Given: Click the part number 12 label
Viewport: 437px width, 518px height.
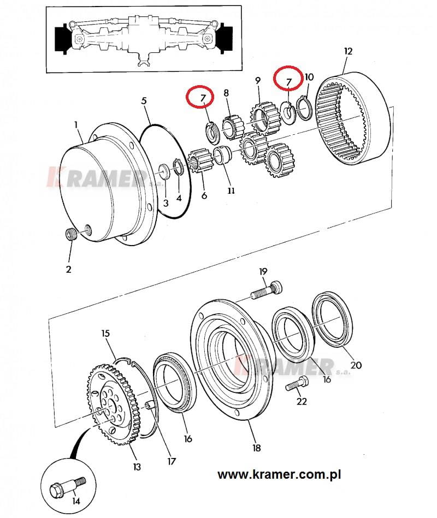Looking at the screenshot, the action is [x=348, y=51].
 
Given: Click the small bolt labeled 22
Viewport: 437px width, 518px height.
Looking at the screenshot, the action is [x=297, y=384].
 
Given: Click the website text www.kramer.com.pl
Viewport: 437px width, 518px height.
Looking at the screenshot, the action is [x=279, y=474].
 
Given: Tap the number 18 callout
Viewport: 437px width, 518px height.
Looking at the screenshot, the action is [x=257, y=448].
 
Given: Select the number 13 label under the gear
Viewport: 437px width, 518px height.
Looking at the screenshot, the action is [x=137, y=467].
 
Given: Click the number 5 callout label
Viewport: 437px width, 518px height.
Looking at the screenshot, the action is [x=144, y=100].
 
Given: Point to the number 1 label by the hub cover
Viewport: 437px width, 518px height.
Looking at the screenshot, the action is [x=76, y=125].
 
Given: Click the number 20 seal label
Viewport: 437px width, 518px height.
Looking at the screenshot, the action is [x=356, y=365].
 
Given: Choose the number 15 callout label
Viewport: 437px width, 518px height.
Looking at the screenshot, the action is [x=105, y=333].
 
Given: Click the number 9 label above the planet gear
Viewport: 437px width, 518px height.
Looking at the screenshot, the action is [x=257, y=80].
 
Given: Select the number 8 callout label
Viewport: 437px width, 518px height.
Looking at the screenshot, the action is [x=226, y=93].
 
